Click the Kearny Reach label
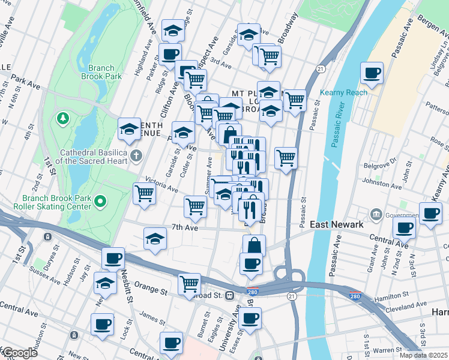tap(343, 92)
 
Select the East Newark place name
tap(336, 224)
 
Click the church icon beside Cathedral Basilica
tap(136, 156)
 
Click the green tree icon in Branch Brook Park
tap(62, 117)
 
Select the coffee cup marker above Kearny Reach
tap(372, 74)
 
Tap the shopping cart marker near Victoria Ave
tap(145, 194)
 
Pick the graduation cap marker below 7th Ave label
tap(155, 239)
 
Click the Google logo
tap(19, 352)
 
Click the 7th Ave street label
tap(184, 227)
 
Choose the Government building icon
tap(376, 214)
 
